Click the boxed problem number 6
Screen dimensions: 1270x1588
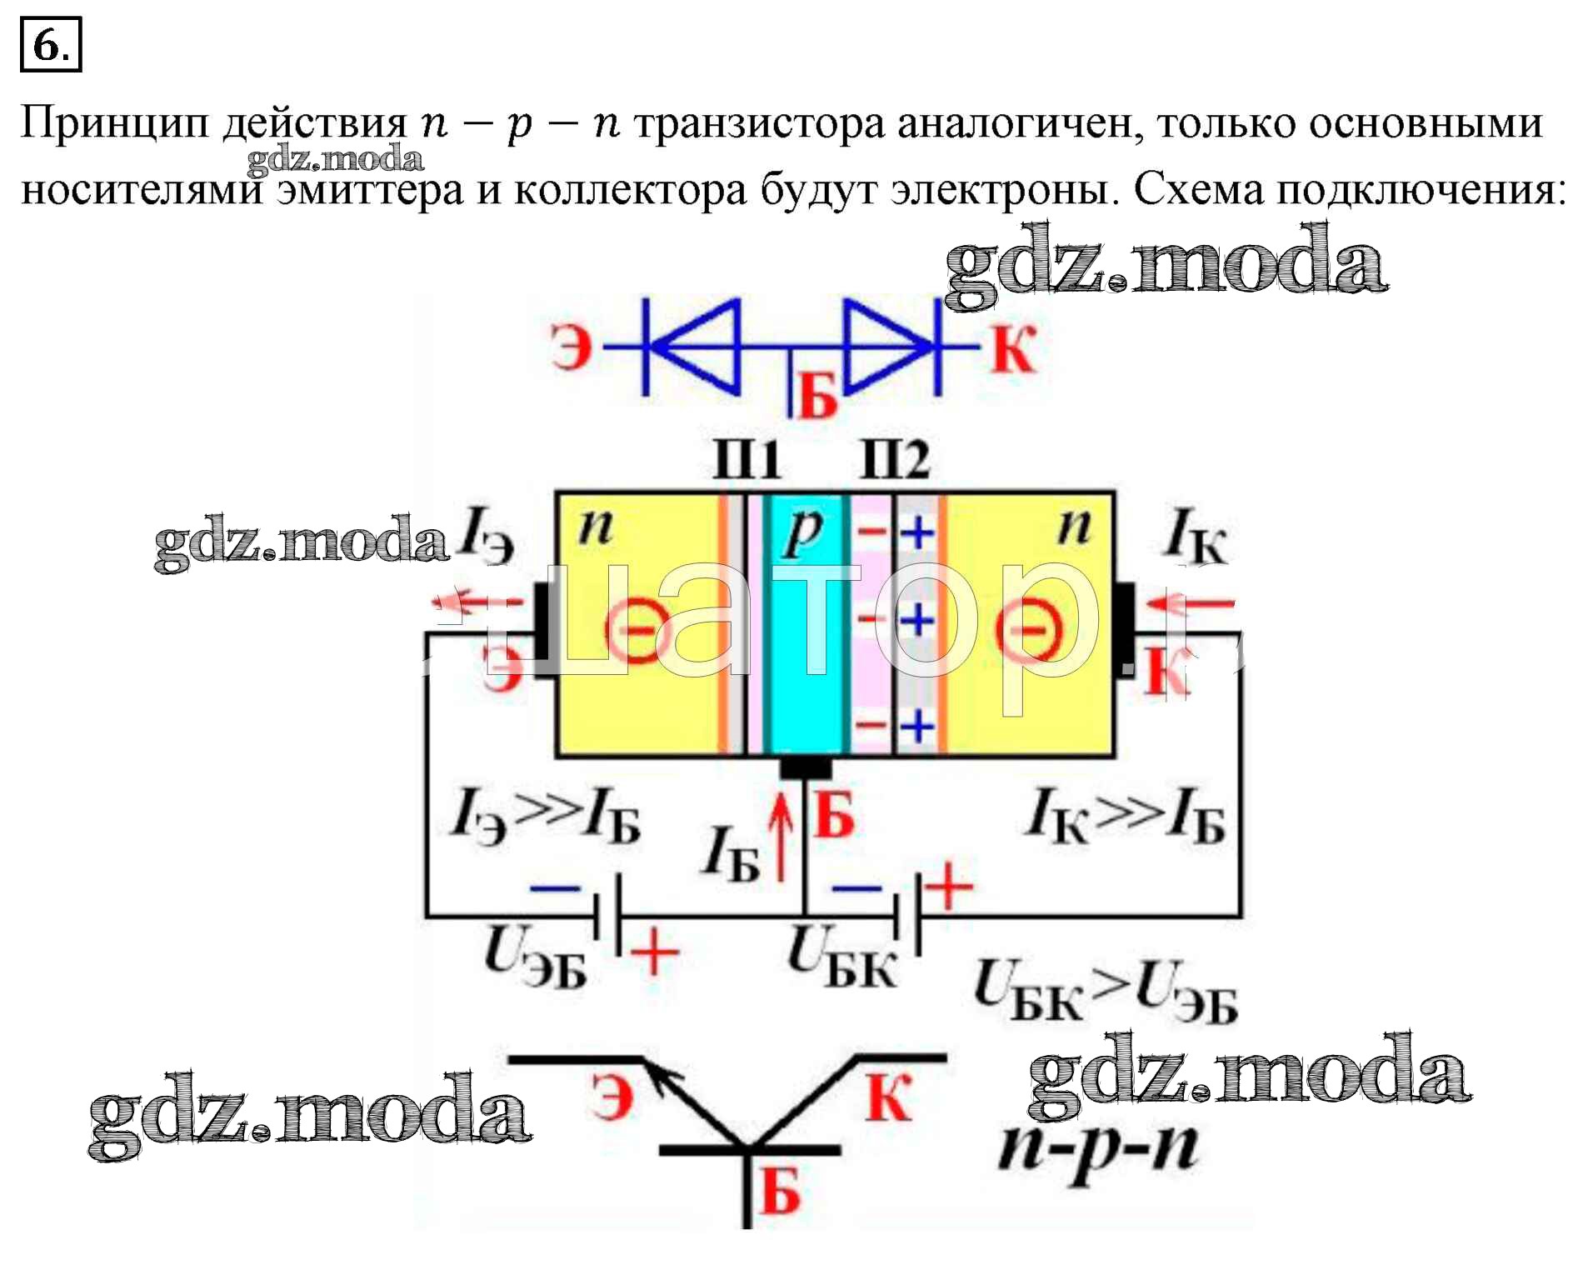[50, 45]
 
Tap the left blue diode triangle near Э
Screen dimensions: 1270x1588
[697, 346]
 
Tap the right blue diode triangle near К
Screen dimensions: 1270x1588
[886, 346]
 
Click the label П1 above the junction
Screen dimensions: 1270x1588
[747, 459]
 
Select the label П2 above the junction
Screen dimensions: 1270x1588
[894, 459]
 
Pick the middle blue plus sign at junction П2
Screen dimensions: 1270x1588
[917, 620]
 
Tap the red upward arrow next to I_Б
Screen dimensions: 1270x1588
[781, 836]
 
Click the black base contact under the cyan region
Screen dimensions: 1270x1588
[805, 766]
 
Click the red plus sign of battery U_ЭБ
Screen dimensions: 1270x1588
[655, 952]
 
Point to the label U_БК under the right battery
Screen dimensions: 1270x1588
[841, 958]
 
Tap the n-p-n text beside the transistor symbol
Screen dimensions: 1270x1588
[1098, 1148]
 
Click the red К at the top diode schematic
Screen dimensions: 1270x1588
[1012, 349]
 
